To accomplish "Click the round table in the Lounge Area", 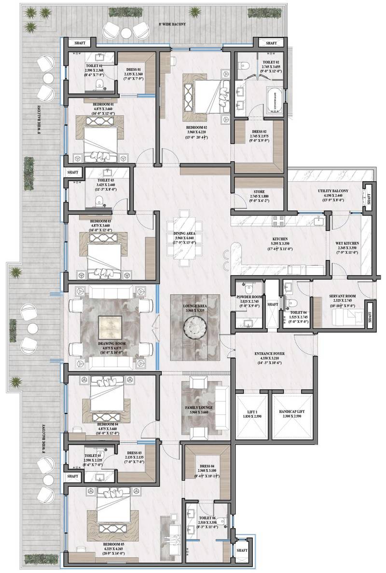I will (x=195, y=331).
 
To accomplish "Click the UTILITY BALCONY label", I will (x=330, y=191).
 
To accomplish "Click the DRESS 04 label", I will (x=209, y=466).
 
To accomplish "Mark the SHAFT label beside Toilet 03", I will (x=73, y=172).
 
